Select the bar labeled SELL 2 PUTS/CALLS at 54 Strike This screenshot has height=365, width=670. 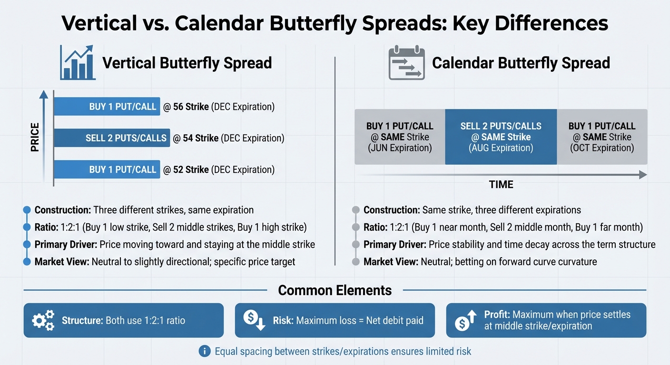(112, 138)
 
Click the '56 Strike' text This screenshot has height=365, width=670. (190, 107)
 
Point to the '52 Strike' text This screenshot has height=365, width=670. (190, 170)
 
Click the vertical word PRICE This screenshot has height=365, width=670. (35, 137)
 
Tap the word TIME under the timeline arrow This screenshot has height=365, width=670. (501, 184)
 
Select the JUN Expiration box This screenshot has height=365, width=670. (400, 137)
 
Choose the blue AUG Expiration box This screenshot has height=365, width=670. (501, 137)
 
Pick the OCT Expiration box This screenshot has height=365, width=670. (602, 137)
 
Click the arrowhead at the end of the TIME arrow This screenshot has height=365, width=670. (643, 175)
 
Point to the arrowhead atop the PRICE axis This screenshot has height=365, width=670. (44, 95)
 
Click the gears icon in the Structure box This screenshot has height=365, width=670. (43, 320)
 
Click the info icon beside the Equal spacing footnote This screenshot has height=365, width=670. (204, 352)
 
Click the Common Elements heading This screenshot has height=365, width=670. (335, 290)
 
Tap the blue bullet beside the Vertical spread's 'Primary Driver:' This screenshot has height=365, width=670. (27, 245)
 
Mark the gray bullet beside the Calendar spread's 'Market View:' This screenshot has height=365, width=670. (355, 262)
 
